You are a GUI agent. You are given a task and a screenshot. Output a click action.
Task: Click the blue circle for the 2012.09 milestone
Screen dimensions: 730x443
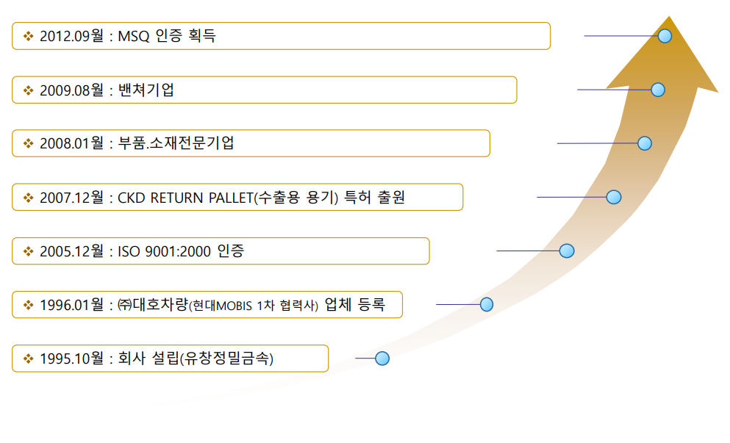click(x=665, y=36)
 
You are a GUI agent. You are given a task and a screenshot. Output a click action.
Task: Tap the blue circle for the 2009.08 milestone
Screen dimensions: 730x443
click(x=658, y=90)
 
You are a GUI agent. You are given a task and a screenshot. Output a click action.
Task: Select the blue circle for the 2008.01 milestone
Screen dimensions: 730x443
click(x=644, y=143)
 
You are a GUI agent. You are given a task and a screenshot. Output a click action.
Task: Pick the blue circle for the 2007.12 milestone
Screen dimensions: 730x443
click(x=614, y=198)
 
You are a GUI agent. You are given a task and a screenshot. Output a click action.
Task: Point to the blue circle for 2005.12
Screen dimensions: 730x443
click(x=567, y=251)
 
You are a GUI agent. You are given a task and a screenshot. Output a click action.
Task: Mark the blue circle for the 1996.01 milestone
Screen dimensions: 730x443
click(x=487, y=304)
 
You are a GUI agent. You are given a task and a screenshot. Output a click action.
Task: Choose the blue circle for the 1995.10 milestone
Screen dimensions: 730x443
click(x=382, y=359)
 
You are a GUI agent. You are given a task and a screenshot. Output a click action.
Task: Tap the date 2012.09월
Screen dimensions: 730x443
click(x=72, y=36)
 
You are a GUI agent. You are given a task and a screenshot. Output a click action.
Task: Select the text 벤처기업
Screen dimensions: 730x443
click(x=146, y=90)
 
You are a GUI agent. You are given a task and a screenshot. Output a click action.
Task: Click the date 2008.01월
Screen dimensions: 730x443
click(x=72, y=143)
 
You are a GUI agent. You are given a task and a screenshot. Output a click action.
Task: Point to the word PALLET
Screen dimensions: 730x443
click(x=230, y=198)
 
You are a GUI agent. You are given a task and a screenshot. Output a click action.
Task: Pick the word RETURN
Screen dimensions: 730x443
click(x=177, y=198)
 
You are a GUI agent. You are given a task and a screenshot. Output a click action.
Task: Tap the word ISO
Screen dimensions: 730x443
click(x=129, y=251)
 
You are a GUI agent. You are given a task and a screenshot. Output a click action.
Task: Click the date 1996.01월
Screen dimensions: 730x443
click(x=72, y=305)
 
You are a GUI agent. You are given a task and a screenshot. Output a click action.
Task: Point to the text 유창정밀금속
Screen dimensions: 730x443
click(x=226, y=359)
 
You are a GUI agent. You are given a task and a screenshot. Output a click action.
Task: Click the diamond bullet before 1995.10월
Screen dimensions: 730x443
click(x=29, y=359)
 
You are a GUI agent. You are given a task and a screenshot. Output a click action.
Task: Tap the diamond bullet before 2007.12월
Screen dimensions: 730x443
click(x=29, y=198)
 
